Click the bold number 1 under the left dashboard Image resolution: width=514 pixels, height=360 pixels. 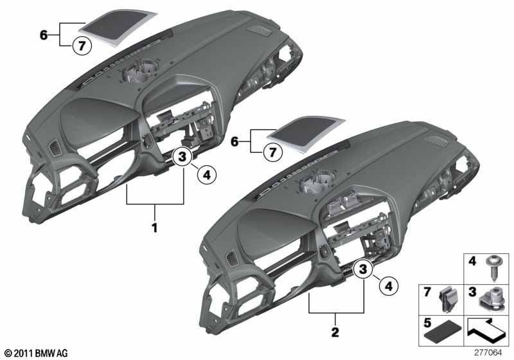tap(154, 228)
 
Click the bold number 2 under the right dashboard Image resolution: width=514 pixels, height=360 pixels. tap(335, 332)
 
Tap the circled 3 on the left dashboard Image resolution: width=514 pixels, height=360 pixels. tap(182, 156)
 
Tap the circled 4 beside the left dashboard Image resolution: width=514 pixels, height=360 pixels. tap(207, 175)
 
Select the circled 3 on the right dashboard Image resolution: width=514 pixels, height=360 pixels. tap(363, 269)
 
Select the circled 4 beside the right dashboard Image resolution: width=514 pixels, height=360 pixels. tap(389, 286)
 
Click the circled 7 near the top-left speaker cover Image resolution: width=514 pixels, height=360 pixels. tap(82, 46)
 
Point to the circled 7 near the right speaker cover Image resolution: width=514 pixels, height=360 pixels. tap(272, 152)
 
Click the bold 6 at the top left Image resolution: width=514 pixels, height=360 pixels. tap(44, 35)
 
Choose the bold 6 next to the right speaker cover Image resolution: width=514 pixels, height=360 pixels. tap(235, 141)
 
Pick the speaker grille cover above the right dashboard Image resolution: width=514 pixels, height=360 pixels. tap(306, 134)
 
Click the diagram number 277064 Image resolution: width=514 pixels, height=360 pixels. tap(488, 352)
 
